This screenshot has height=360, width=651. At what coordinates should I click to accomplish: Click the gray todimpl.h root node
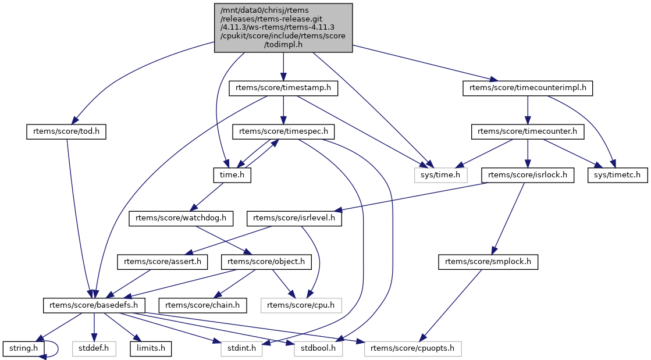click(x=283, y=27)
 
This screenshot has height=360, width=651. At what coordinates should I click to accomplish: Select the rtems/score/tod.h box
click(x=67, y=131)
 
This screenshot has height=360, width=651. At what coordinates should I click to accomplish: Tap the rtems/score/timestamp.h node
click(x=283, y=88)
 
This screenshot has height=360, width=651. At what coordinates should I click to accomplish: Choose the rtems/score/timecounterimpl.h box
click(x=528, y=88)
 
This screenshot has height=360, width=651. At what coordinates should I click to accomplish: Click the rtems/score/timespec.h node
click(x=283, y=131)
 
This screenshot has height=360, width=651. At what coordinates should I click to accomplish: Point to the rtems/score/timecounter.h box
click(x=528, y=131)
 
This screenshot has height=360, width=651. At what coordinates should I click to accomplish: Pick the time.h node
click(x=231, y=174)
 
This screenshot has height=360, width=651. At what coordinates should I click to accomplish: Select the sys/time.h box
click(x=441, y=174)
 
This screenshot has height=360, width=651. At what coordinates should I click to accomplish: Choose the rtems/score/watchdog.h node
click(x=180, y=218)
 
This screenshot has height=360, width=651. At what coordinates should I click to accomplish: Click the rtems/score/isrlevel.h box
click(x=295, y=218)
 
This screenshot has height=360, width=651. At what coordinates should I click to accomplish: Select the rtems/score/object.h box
click(x=266, y=262)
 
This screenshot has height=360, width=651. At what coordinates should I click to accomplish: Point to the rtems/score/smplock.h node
click(x=488, y=262)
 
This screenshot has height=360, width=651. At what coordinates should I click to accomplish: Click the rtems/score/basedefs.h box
click(x=94, y=305)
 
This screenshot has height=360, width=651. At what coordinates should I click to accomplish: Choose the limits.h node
click(x=151, y=349)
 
